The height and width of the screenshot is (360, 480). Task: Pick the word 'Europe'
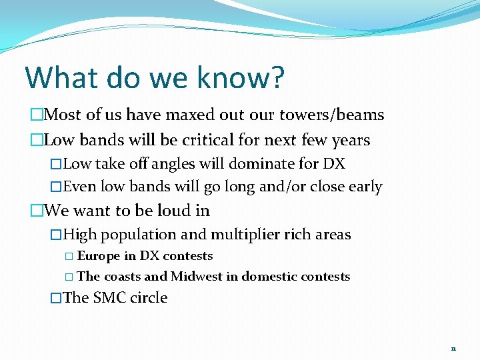coord(99,256)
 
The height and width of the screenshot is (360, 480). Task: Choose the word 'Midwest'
coord(197,277)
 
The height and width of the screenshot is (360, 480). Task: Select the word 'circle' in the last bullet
coord(149,297)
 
